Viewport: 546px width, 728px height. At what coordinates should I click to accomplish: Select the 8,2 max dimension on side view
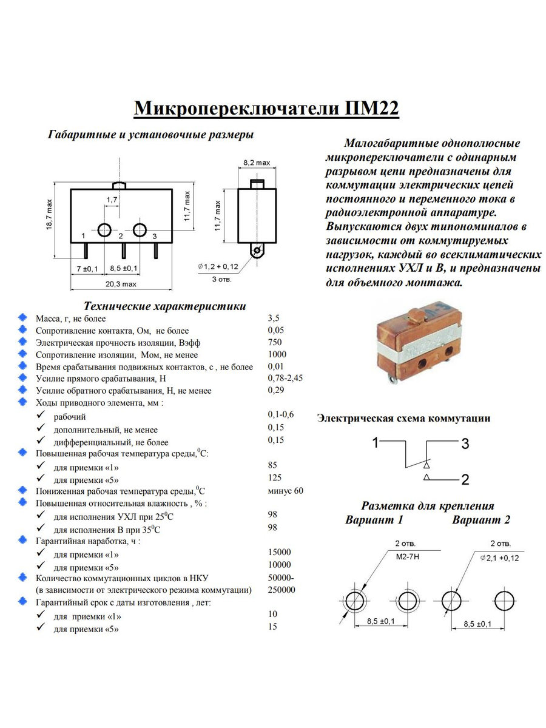click(x=256, y=164)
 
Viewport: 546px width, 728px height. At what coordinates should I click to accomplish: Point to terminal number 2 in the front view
click(x=121, y=236)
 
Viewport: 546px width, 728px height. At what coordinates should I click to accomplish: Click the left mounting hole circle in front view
click(x=104, y=230)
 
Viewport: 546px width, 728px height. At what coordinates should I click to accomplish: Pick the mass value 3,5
click(x=274, y=318)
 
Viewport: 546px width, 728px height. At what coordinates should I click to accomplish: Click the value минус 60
click(x=285, y=490)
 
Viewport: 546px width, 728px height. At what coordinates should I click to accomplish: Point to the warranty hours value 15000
click(x=279, y=552)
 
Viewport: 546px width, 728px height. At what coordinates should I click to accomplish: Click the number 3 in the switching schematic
click(x=465, y=444)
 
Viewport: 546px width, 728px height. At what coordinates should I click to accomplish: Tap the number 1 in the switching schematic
click(x=376, y=442)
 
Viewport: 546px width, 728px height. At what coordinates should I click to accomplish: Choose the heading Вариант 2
click(x=481, y=520)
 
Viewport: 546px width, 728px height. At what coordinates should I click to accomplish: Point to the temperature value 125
click(x=275, y=478)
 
